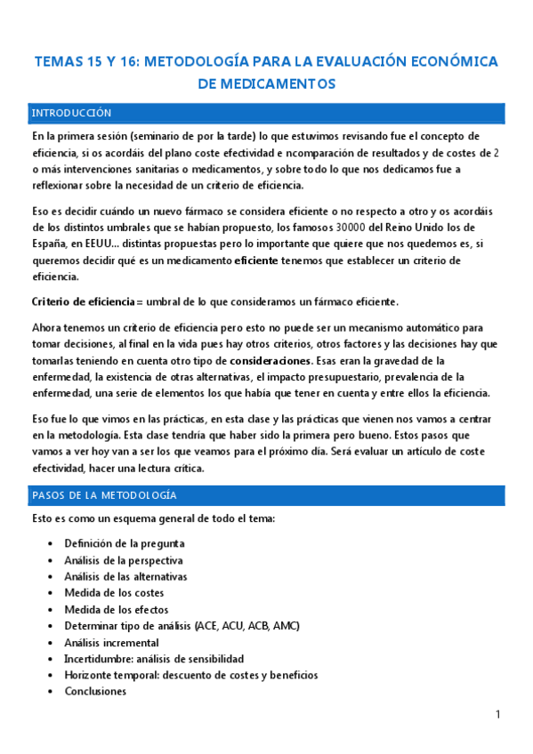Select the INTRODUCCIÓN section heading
pyautogui.click(x=71, y=114)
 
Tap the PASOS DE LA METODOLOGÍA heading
pyautogui.click(x=104, y=495)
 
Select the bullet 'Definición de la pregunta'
pyautogui.click(x=125, y=543)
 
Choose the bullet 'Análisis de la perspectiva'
pyautogui.click(x=124, y=560)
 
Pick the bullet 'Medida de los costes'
pyautogui.click(x=114, y=593)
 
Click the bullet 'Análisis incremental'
pyautogui.click(x=112, y=642)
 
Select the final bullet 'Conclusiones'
pyautogui.click(x=95, y=692)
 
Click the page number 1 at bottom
pyautogui.click(x=498, y=714)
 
